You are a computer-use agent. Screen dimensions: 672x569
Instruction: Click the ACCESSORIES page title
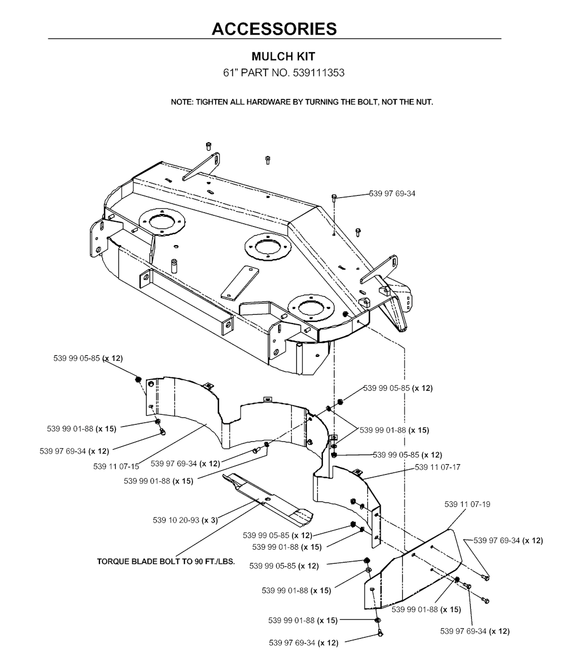pos(274,28)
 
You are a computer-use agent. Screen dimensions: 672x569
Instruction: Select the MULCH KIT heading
pos(283,57)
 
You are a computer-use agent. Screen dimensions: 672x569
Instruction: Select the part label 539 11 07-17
pos(437,467)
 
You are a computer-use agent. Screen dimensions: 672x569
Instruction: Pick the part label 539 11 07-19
pos(467,504)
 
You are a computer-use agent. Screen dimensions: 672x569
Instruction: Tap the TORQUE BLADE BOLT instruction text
pos(166,561)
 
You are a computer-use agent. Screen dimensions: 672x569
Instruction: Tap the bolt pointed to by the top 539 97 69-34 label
pos(334,197)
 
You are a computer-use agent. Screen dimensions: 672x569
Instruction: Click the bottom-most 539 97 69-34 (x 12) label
pos(303,643)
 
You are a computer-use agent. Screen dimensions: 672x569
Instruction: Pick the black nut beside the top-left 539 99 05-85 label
pos(138,379)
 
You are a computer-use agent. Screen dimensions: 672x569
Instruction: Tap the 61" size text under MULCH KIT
pos(230,73)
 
